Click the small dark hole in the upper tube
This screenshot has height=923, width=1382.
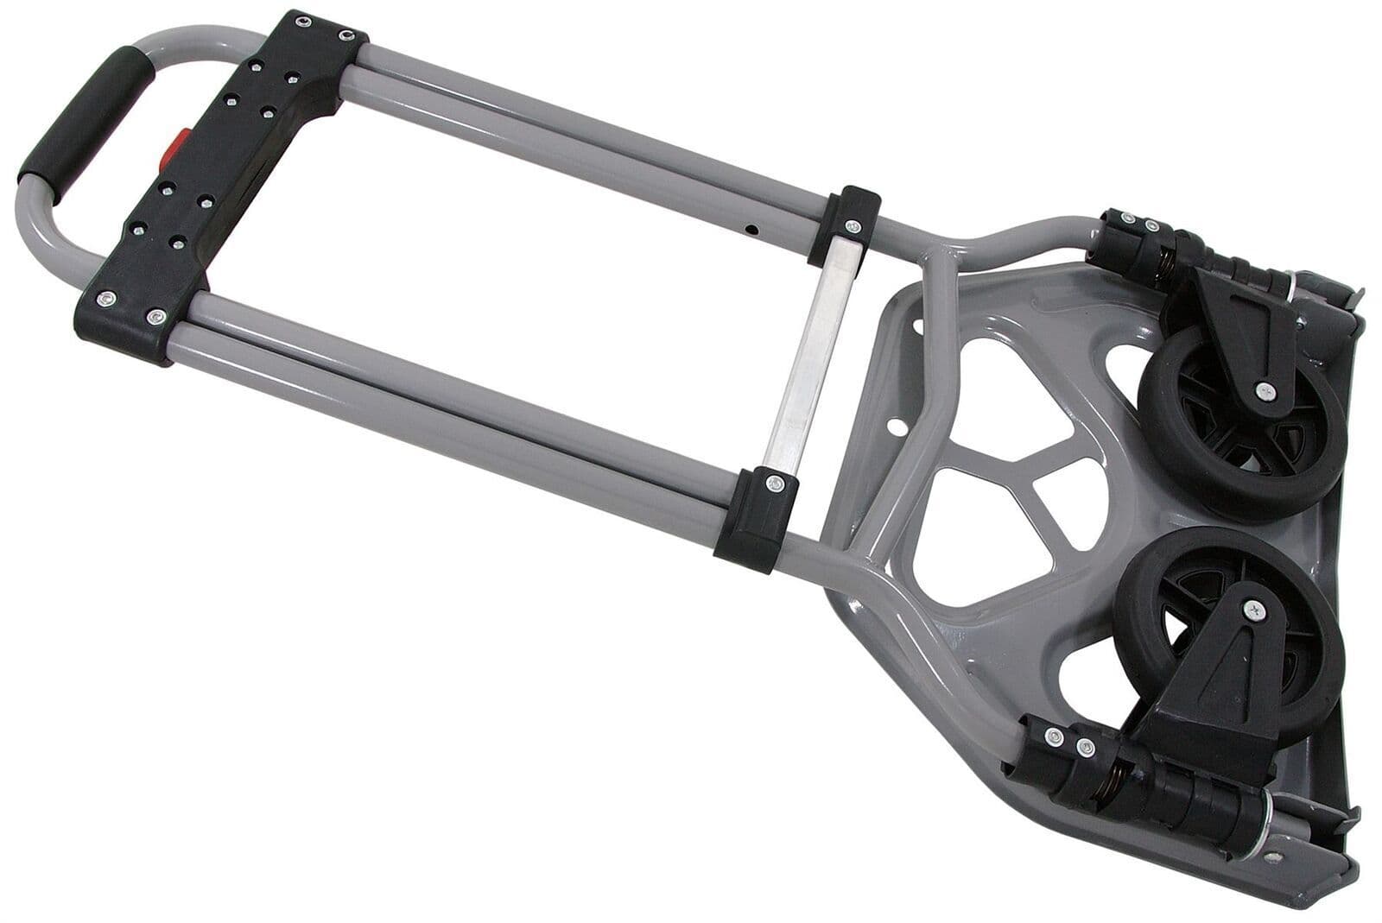point(751,231)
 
